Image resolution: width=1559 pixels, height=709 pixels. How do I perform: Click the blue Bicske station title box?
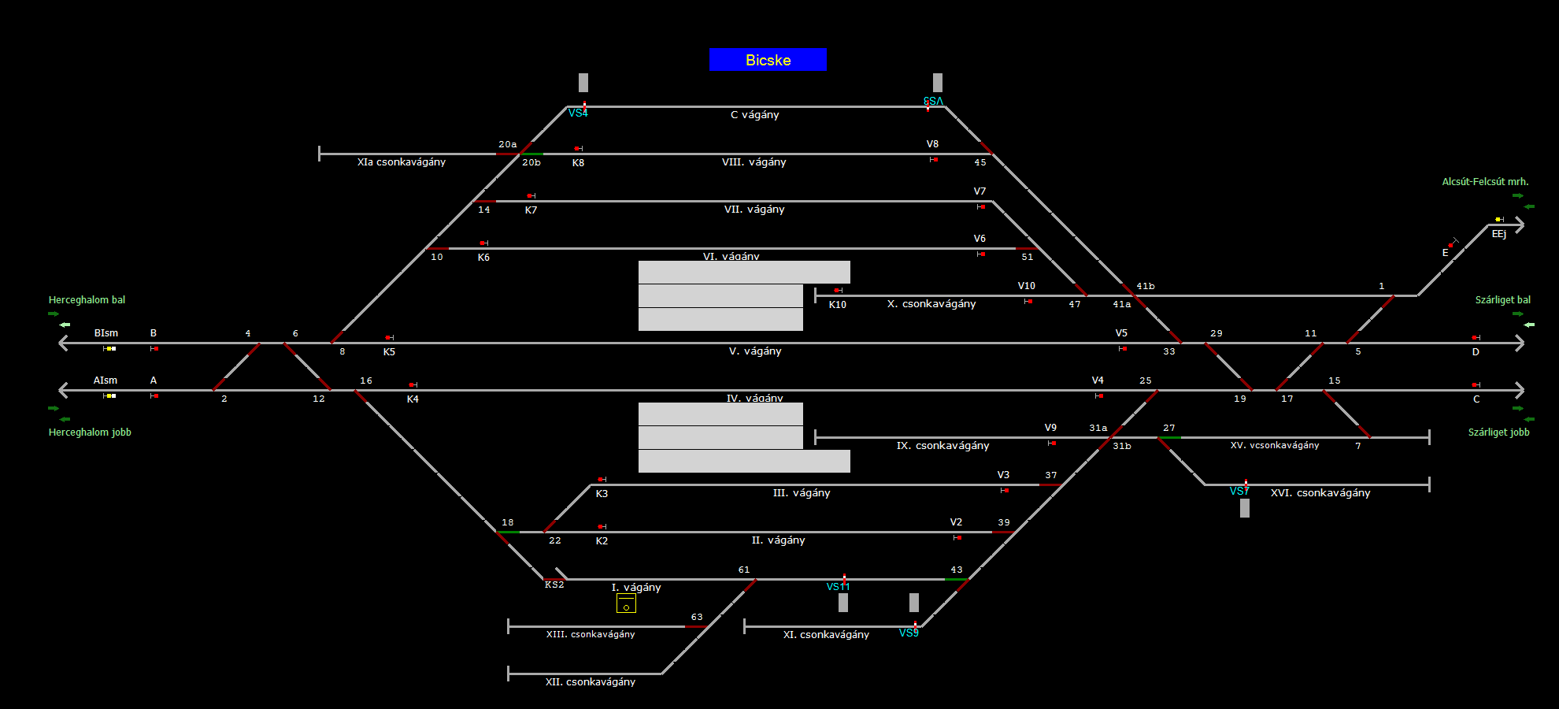[768, 60]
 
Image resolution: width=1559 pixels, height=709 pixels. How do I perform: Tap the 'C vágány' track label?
[754, 115]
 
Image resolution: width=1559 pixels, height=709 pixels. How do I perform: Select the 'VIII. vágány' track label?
[754, 162]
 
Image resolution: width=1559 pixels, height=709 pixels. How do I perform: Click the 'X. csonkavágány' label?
[931, 304]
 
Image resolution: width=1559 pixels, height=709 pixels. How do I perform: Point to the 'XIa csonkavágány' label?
[401, 162]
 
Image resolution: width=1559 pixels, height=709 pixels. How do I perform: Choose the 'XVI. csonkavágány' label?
[1320, 493]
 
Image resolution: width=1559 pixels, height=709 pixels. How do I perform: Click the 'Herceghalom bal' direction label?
[87, 300]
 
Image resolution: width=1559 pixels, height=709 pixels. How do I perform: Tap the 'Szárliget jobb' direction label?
[1498, 432]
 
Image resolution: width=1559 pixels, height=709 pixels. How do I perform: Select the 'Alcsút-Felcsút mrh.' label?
[1485, 182]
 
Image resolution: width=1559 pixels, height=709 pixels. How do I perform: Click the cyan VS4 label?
[578, 113]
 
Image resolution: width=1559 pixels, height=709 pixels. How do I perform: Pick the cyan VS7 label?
[1239, 492]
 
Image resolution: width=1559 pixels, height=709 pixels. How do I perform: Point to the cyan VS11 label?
[838, 587]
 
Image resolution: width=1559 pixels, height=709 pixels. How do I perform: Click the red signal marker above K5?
[388, 338]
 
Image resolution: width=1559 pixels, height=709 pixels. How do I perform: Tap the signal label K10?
[837, 305]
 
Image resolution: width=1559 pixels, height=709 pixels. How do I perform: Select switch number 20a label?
[507, 145]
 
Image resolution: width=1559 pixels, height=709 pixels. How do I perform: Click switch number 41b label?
[1145, 287]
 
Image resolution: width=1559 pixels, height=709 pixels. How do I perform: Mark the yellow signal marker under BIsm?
[110, 348]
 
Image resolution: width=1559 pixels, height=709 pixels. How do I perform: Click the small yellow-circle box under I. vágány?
[626, 604]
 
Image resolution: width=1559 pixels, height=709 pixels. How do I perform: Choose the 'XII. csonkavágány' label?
[590, 682]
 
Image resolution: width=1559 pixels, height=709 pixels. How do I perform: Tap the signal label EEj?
[1498, 235]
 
